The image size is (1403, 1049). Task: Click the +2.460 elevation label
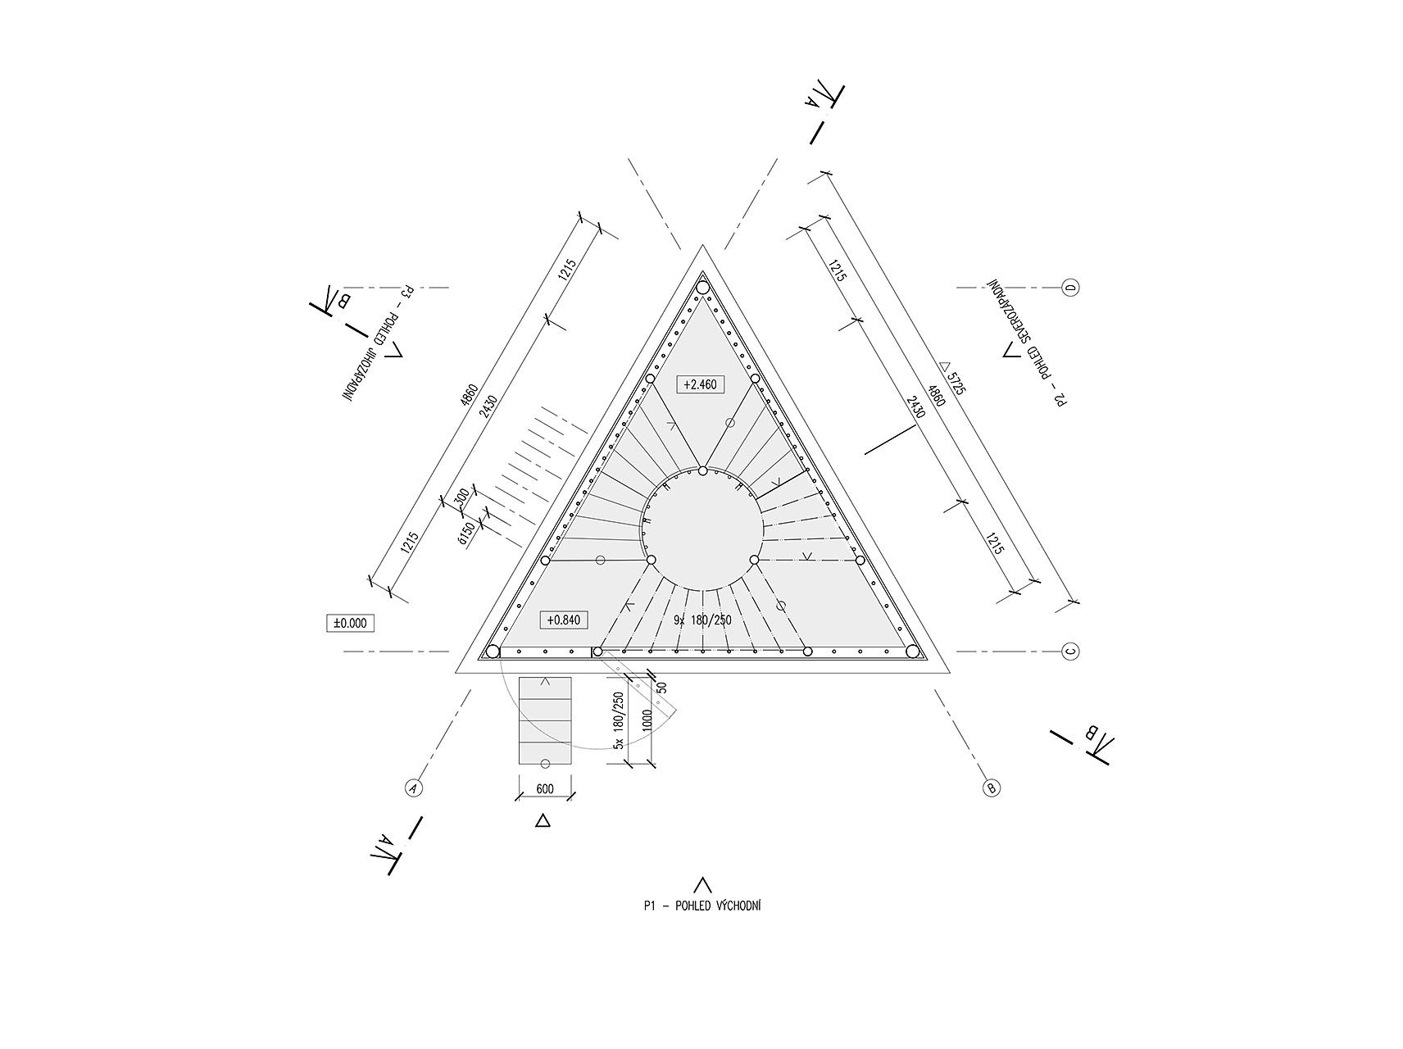click(701, 384)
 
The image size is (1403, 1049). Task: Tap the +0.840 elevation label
click(563, 620)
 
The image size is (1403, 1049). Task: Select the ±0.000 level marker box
click(350, 624)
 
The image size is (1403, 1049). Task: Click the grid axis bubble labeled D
click(1070, 288)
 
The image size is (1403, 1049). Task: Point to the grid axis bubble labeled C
click(1070, 652)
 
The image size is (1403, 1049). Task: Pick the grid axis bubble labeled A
click(414, 788)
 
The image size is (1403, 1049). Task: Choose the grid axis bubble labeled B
click(991, 788)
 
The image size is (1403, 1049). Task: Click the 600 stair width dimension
click(545, 788)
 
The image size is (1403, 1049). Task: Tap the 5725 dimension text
click(951, 379)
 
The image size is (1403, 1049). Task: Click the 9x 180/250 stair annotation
click(701, 620)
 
